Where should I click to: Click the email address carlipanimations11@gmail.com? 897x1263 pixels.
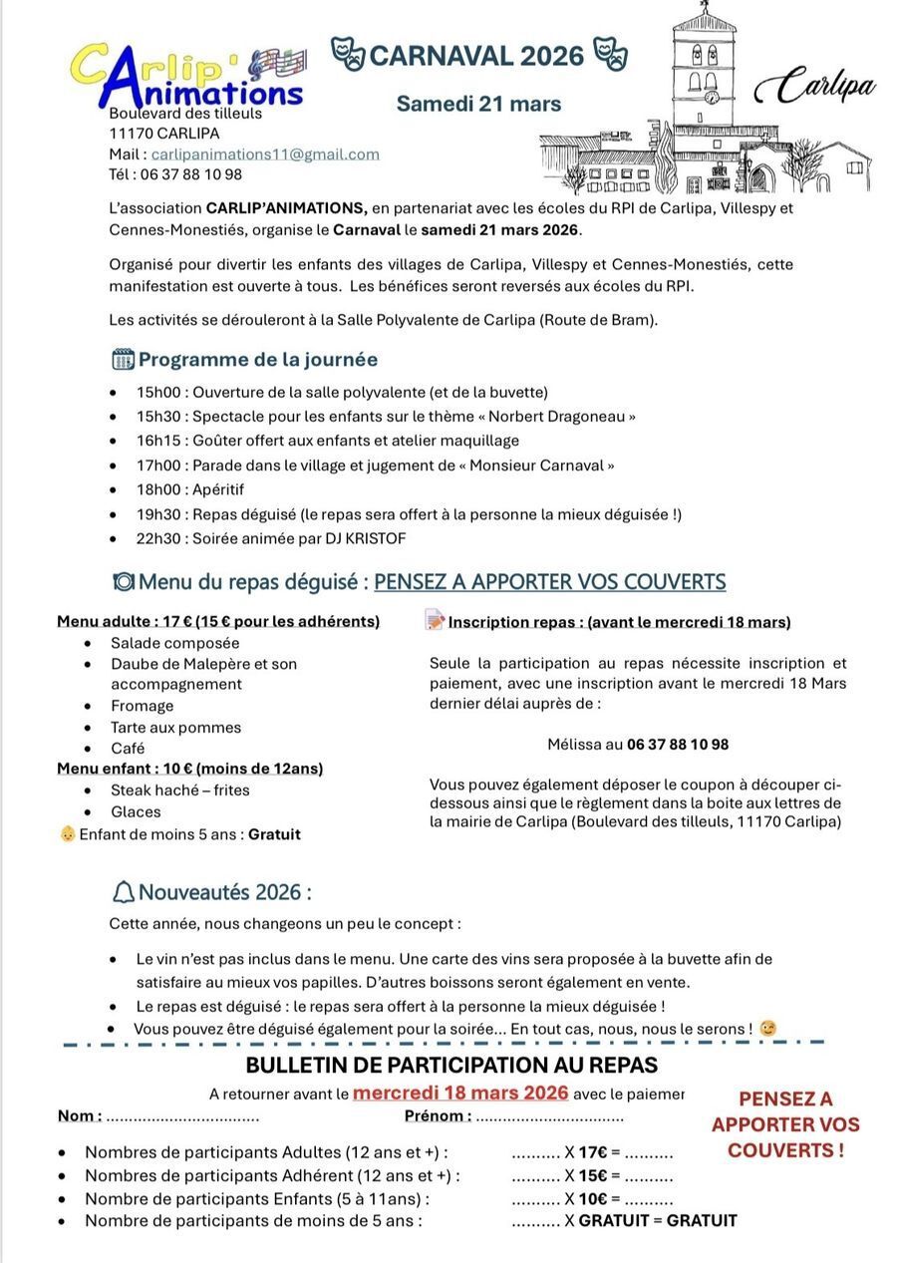point(265,155)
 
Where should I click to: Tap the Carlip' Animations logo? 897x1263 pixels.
point(187,76)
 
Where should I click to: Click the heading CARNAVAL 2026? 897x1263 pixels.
point(476,56)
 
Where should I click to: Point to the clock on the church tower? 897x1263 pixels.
point(712,97)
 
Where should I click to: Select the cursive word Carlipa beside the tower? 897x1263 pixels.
point(814,87)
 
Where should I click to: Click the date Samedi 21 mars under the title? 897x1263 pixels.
point(478,104)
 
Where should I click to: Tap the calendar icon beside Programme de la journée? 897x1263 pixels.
point(123,359)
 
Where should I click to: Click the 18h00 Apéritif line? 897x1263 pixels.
point(190,489)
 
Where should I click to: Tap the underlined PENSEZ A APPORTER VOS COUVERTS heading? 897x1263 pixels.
point(549,581)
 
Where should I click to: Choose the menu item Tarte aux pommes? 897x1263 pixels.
point(175,728)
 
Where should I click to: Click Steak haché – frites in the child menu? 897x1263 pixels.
point(180,790)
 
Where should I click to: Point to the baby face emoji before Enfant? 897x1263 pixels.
point(68,833)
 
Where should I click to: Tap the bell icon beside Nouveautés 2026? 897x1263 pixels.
point(125,892)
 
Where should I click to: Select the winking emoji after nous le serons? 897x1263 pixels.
point(766,1028)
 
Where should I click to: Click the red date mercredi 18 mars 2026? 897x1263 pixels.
point(460,1093)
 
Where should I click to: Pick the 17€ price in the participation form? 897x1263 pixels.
point(593,1152)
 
